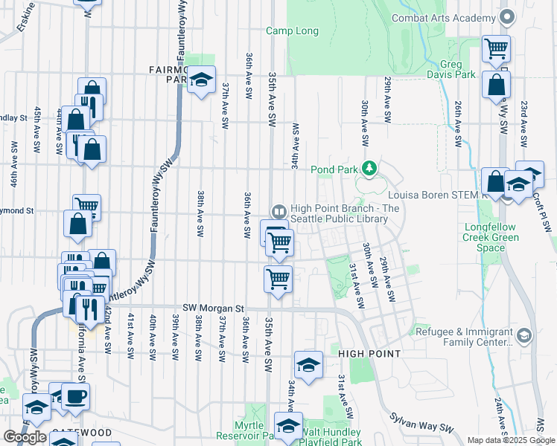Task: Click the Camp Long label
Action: (293, 31)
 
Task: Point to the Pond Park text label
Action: (334, 169)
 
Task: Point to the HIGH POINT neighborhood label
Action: (369, 353)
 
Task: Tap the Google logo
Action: (25, 437)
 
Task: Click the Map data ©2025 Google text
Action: (510, 440)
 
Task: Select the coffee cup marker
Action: (75, 395)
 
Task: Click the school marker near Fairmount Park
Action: (200, 79)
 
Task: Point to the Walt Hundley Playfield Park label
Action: (335, 436)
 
